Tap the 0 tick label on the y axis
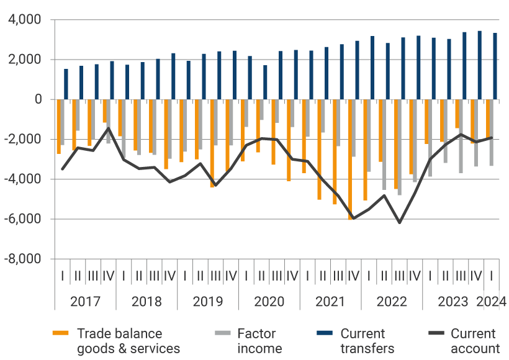click(x=38, y=99)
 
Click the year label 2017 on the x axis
click(x=85, y=302)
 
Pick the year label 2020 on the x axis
click(x=269, y=302)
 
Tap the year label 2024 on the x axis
click(x=492, y=302)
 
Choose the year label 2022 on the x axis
click(x=392, y=302)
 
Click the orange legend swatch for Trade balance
click(x=60, y=334)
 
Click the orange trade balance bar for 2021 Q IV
click(x=351, y=159)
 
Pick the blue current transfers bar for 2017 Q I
click(x=66, y=84)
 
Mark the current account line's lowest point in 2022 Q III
click(x=399, y=222)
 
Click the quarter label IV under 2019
click(x=230, y=276)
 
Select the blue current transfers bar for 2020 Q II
click(x=265, y=82)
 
